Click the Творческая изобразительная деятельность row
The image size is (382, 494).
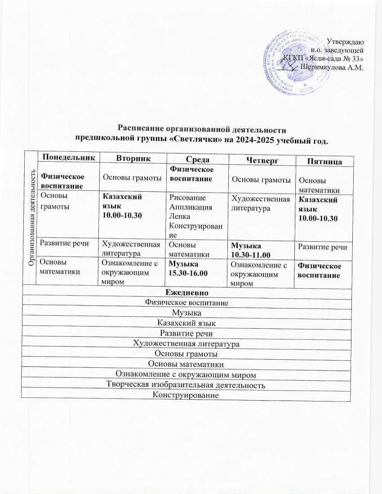[186, 385]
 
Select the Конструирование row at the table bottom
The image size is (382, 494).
[186, 396]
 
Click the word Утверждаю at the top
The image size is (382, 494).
[345, 42]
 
